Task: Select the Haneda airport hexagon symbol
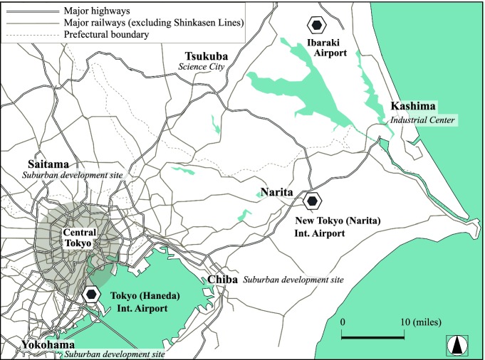(x=92, y=294)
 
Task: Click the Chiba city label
(x=222, y=280)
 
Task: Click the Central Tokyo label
(x=76, y=238)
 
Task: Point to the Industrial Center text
(x=422, y=120)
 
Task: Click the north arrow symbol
(x=457, y=346)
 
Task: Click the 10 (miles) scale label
(x=420, y=322)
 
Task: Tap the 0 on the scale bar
(x=343, y=322)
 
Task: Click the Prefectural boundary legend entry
(x=106, y=35)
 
